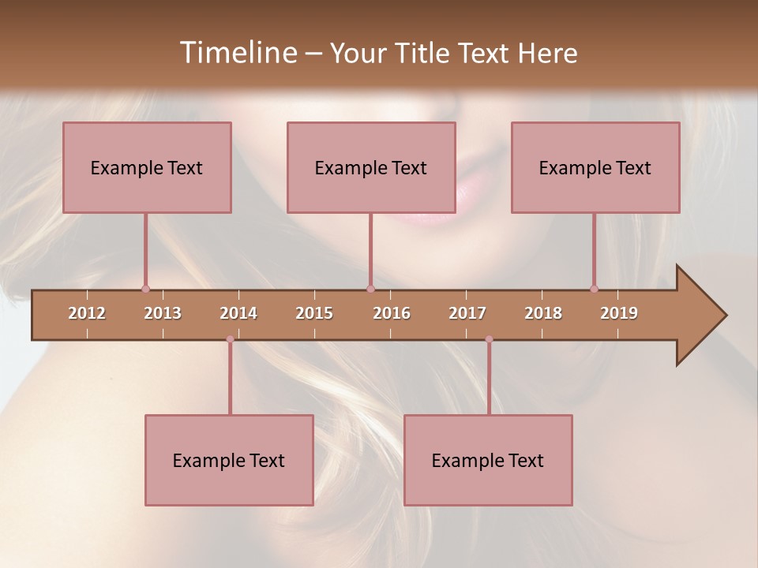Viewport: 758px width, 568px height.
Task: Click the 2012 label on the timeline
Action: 87,313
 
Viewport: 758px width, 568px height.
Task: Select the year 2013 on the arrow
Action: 163,313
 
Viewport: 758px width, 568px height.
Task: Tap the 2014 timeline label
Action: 238,313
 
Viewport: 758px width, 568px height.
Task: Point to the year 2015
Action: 314,313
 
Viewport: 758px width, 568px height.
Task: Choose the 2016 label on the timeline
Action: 392,313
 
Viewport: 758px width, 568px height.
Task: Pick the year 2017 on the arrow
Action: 467,313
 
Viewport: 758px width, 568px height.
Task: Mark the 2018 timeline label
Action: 543,313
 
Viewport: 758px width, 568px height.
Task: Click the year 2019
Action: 619,313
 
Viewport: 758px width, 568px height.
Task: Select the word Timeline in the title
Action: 236,53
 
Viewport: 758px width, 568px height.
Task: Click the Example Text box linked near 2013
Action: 147,167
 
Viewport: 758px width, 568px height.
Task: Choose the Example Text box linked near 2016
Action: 371,167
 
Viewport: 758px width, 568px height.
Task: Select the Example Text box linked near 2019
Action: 595,167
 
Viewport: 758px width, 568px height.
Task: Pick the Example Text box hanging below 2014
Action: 229,460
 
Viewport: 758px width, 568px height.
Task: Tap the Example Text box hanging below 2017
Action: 488,460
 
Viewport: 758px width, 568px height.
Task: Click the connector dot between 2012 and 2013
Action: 145,289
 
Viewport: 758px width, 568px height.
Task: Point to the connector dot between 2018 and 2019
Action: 594,289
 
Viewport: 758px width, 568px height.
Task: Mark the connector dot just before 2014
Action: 230,339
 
